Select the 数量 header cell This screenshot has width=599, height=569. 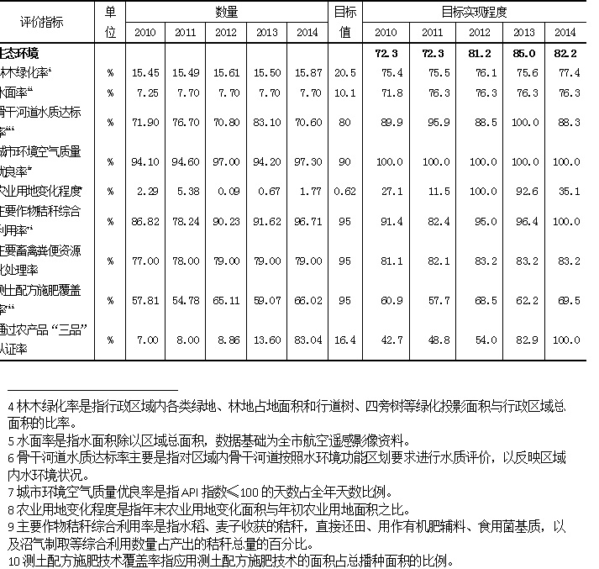(x=226, y=12)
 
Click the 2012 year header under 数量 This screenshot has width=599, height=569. (x=226, y=32)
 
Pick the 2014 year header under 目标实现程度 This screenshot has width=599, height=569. (x=565, y=32)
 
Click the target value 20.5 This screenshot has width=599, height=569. (x=344, y=73)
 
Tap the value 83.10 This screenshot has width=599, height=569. (x=266, y=122)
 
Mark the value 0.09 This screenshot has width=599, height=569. (x=227, y=191)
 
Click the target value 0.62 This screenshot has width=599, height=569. (x=344, y=191)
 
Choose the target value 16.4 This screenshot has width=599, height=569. (x=344, y=339)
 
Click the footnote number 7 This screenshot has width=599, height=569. (x=10, y=491)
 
